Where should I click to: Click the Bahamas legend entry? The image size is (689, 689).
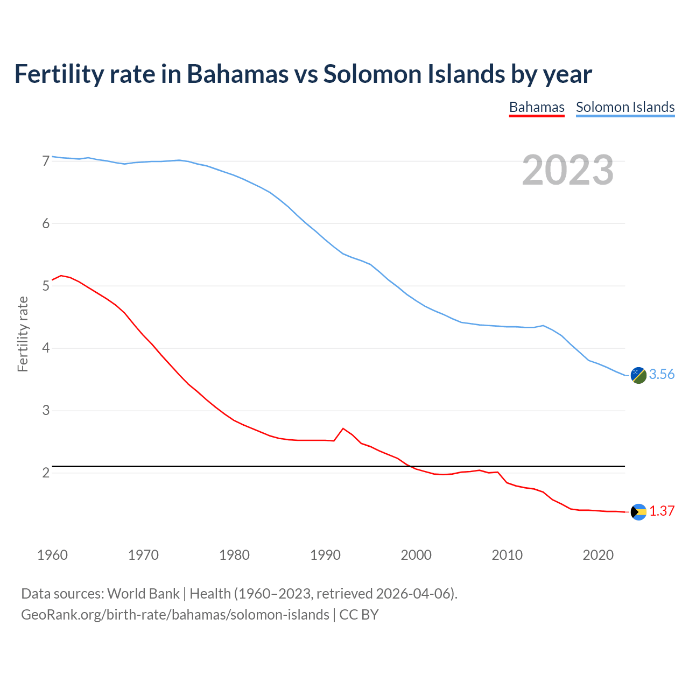pyautogui.click(x=537, y=107)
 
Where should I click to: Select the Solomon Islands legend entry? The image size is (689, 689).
pyautogui.click(x=625, y=107)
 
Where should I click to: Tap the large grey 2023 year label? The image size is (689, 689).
pyautogui.click(x=568, y=170)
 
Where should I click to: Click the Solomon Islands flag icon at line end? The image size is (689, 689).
pyautogui.click(x=638, y=375)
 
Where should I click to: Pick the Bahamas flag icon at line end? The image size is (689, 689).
pyautogui.click(x=638, y=512)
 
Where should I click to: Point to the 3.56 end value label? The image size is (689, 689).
pyautogui.click(x=662, y=375)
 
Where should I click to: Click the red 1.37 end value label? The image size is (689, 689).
pyautogui.click(x=662, y=511)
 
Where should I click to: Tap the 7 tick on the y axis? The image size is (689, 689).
pyautogui.click(x=46, y=161)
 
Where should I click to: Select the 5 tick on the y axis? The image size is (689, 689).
pyautogui.click(x=46, y=286)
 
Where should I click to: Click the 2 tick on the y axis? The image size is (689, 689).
pyautogui.click(x=46, y=473)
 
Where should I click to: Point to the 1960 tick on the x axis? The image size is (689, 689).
pyautogui.click(x=52, y=555)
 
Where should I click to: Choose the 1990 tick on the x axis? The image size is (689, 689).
pyautogui.click(x=325, y=555)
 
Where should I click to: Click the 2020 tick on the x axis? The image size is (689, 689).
pyautogui.click(x=598, y=555)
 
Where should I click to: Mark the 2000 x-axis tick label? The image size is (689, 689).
pyautogui.click(x=416, y=555)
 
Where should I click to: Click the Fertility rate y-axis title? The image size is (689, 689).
pyautogui.click(x=23, y=334)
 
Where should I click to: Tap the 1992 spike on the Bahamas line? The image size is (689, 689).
pyautogui.click(x=343, y=428)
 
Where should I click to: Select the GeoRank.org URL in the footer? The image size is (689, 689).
pyautogui.click(x=175, y=615)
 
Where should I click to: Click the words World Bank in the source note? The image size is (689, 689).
pyautogui.click(x=143, y=594)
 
